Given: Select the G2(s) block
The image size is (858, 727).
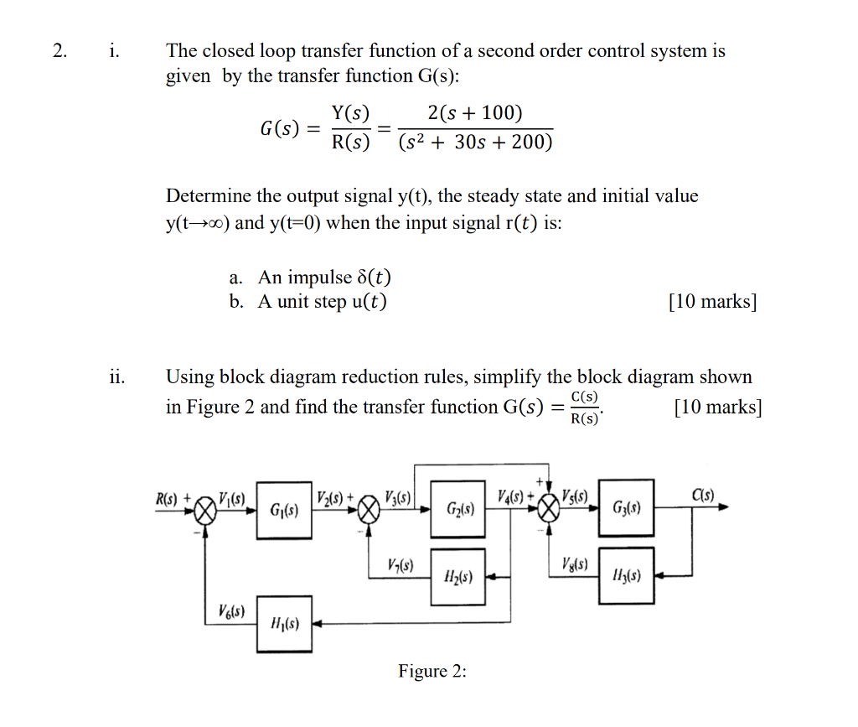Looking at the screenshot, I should (x=458, y=509).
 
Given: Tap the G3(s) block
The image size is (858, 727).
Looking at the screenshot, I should (x=627, y=507).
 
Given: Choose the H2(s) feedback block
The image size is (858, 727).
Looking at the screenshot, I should (x=457, y=577).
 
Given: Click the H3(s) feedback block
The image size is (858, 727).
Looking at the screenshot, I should (x=627, y=576).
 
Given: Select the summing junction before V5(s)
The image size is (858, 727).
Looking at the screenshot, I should (x=549, y=507).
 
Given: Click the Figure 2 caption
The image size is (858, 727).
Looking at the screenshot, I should (x=432, y=672).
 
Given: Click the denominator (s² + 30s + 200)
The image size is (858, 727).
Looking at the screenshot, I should (x=475, y=143).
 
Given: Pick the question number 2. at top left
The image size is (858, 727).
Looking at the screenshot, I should (x=59, y=50).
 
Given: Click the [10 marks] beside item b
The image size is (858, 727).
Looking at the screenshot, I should (x=712, y=302).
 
